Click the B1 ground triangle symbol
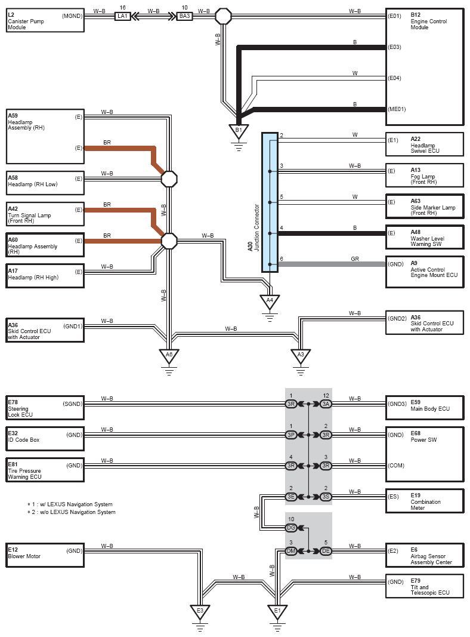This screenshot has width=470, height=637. click(x=239, y=131)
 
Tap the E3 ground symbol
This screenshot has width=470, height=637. click(x=200, y=611)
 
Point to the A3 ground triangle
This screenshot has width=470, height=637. click(x=301, y=355)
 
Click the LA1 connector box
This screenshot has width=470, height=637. click(x=122, y=16)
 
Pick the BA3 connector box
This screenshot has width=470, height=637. click(x=185, y=16)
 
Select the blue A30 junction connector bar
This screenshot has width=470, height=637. click(x=270, y=202)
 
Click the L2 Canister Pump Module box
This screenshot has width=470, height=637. click(x=45, y=20)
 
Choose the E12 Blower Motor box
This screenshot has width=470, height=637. click(x=45, y=555)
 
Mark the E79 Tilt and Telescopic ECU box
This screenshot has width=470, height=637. click(x=425, y=586)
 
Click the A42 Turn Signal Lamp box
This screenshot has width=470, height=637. click(x=45, y=214)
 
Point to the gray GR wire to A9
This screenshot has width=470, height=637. click(x=332, y=264)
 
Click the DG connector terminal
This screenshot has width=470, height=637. click(x=291, y=528)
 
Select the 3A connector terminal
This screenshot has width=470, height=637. click(x=326, y=404)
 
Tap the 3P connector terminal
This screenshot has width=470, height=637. click(x=291, y=435)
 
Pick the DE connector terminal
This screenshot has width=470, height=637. click(x=326, y=551)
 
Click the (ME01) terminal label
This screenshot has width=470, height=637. click(x=397, y=109)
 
